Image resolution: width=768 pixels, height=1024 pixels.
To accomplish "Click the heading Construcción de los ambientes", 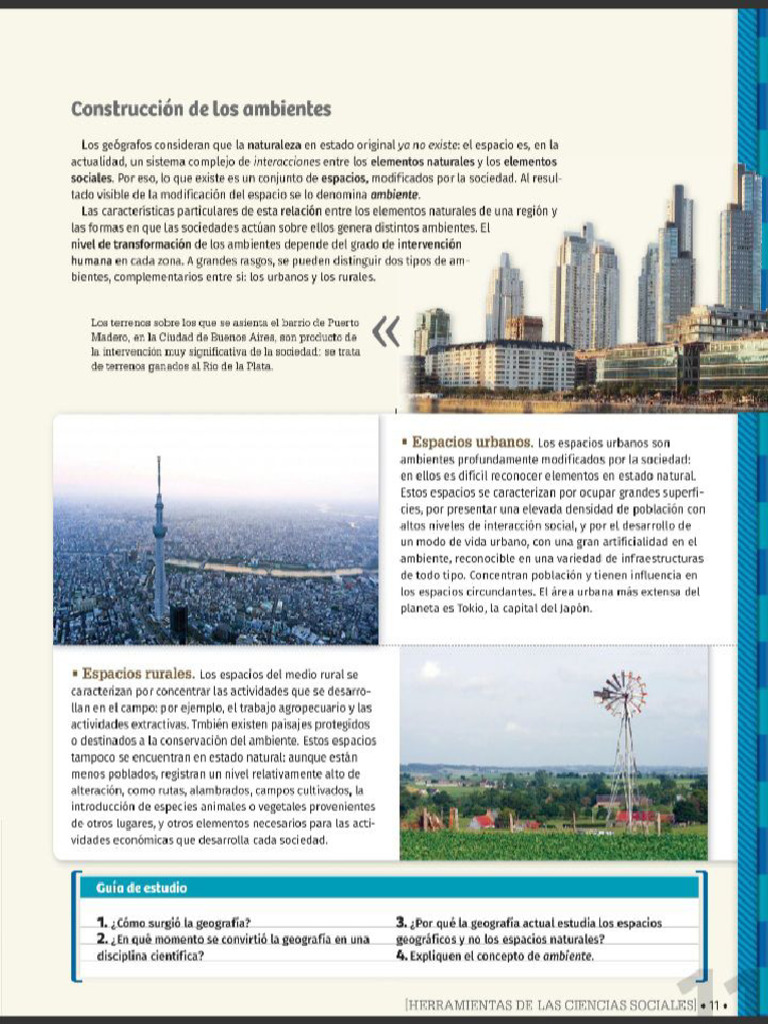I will click(x=201, y=108).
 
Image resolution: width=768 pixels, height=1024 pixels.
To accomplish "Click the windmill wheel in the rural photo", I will click(x=620, y=693).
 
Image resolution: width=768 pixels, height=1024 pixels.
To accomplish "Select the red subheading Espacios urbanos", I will click(x=471, y=442).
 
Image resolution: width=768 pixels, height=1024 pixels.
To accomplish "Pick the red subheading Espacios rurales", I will click(x=138, y=673).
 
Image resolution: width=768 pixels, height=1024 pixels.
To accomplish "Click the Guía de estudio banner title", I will click(x=141, y=888).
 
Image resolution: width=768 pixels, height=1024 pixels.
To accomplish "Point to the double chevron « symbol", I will click(x=385, y=331).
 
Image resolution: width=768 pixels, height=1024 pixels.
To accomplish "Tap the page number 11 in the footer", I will click(x=714, y=1004).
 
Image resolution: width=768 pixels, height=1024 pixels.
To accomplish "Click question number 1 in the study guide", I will click(x=102, y=923).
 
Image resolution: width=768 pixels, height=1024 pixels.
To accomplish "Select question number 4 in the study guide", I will click(x=401, y=956).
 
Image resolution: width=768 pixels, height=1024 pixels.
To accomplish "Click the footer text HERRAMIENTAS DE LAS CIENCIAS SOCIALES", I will click(x=550, y=1004).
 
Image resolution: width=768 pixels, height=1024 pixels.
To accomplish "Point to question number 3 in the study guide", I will click(x=401, y=923).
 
